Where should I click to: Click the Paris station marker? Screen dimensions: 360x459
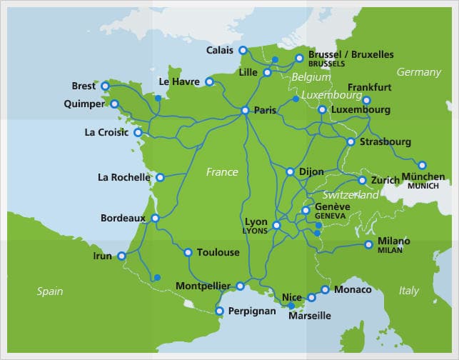tap(245, 111)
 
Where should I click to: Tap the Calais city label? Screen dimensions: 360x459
tap(220, 50)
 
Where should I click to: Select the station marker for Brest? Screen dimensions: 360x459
tap(105, 86)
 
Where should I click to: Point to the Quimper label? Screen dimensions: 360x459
tap(83, 104)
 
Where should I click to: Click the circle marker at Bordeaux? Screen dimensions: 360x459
tap(155, 218)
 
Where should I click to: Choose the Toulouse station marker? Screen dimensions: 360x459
tap(188, 252)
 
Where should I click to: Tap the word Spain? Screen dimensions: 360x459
tap(50, 291)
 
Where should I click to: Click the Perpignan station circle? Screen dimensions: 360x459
tap(220, 311)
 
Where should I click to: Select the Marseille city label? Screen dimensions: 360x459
tap(309, 316)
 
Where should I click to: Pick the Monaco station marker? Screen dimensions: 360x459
tap(326, 289)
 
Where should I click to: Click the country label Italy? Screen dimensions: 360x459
tap(409, 291)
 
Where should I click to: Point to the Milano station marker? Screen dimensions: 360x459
tap(368, 245)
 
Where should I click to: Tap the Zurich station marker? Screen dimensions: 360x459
tap(362, 181)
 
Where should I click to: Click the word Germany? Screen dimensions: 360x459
tap(419, 72)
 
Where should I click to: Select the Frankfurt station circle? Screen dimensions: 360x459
tap(367, 100)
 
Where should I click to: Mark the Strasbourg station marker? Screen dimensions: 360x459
tap(350, 142)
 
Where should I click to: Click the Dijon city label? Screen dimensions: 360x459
tap(311, 172)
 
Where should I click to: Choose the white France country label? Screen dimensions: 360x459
tap(222, 172)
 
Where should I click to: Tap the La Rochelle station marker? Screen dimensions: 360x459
tap(160, 177)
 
